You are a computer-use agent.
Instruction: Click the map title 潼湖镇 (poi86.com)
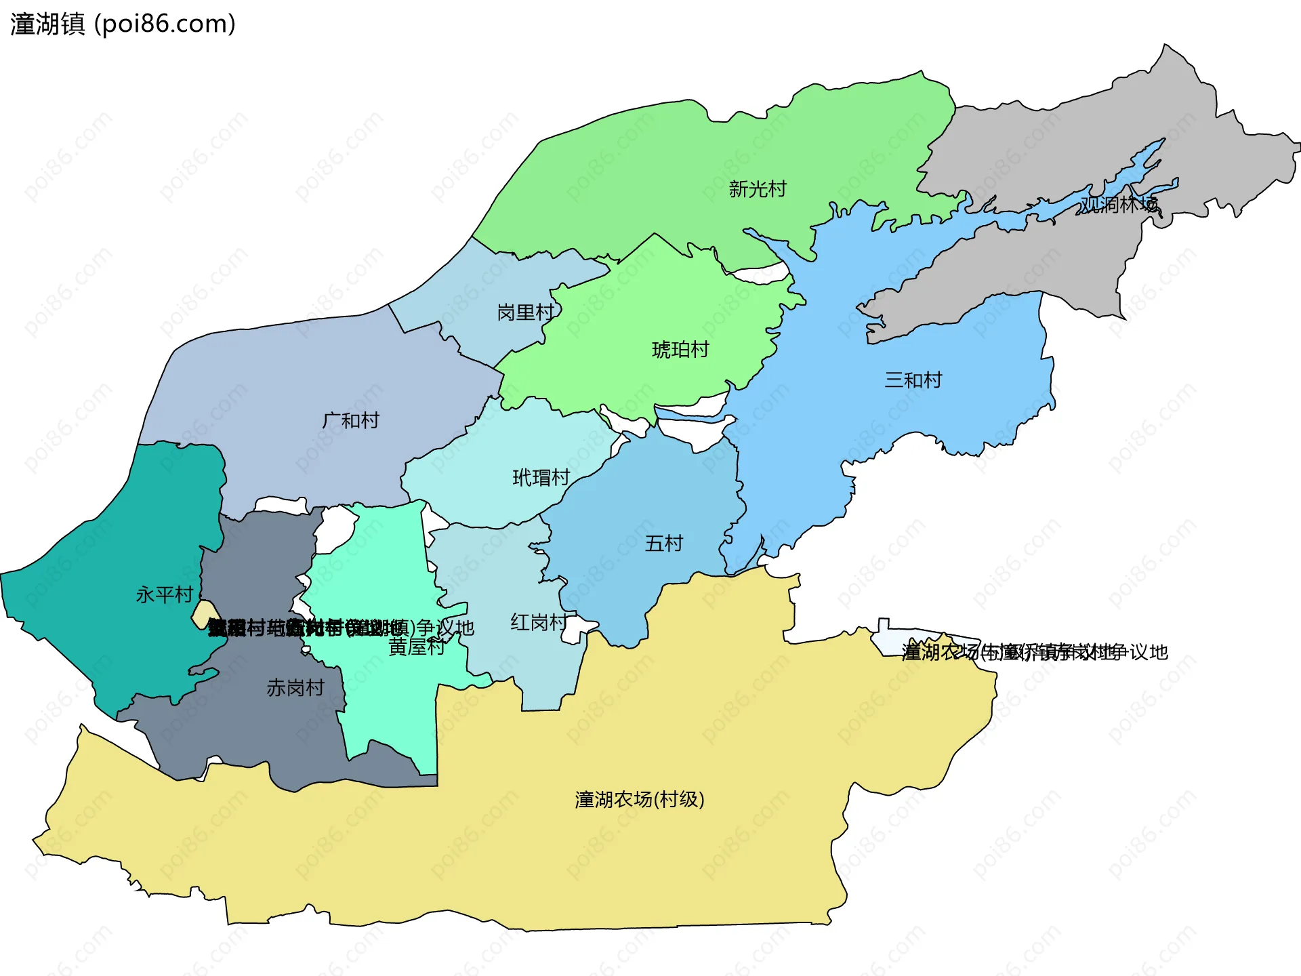tap(123, 24)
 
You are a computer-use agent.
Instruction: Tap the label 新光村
tap(757, 189)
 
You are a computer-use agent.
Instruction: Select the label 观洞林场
tap(1119, 204)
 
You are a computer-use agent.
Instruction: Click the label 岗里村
tap(525, 312)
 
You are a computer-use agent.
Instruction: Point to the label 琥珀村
tap(680, 350)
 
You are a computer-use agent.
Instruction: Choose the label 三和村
tap(913, 380)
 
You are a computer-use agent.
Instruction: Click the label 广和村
tap(350, 421)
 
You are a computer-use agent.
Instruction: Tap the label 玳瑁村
tap(541, 478)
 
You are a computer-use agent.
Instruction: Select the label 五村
tap(663, 544)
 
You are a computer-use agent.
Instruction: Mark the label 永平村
tap(164, 595)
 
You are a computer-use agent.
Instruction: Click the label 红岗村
tap(539, 622)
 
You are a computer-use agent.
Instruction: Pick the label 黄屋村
tap(416, 647)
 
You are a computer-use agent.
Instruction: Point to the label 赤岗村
tap(295, 688)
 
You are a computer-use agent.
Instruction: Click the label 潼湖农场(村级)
tap(639, 800)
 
